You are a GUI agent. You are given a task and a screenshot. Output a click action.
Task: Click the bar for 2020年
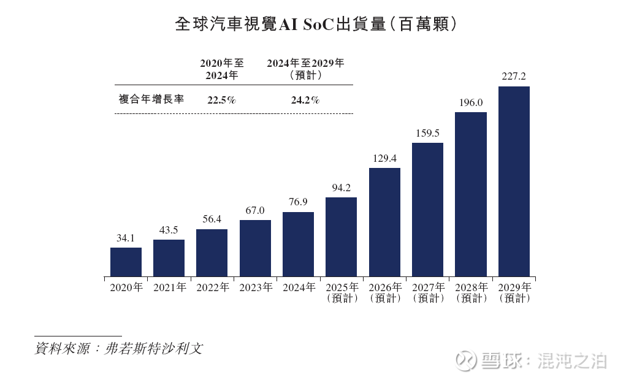point(126,262)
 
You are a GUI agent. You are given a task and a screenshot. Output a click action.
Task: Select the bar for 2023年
point(255,248)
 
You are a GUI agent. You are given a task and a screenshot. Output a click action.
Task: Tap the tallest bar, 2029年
point(514,181)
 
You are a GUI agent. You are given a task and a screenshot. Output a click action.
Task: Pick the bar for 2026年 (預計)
point(384,222)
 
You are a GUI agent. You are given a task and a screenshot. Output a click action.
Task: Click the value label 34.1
point(126,238)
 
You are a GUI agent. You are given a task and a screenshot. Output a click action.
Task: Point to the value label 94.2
point(341,188)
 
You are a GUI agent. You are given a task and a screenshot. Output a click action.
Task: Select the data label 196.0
point(471,102)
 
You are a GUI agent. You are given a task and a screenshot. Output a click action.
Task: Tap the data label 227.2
point(514,77)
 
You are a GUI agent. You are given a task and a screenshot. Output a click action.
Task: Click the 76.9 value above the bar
point(298,203)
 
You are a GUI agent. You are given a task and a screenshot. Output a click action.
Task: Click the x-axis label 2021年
point(169,287)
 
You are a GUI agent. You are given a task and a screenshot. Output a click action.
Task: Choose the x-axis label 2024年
point(299,287)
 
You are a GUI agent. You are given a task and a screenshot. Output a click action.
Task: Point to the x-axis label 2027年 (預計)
point(428,292)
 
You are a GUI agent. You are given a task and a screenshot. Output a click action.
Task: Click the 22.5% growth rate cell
point(221,100)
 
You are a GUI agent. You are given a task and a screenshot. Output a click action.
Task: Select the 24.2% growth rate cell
point(305,100)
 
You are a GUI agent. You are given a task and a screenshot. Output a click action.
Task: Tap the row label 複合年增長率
point(151,99)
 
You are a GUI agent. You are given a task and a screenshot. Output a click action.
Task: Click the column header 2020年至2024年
point(221,69)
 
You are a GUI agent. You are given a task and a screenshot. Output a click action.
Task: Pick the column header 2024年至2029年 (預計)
point(305,69)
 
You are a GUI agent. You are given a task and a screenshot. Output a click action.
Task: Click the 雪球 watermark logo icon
point(467,360)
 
